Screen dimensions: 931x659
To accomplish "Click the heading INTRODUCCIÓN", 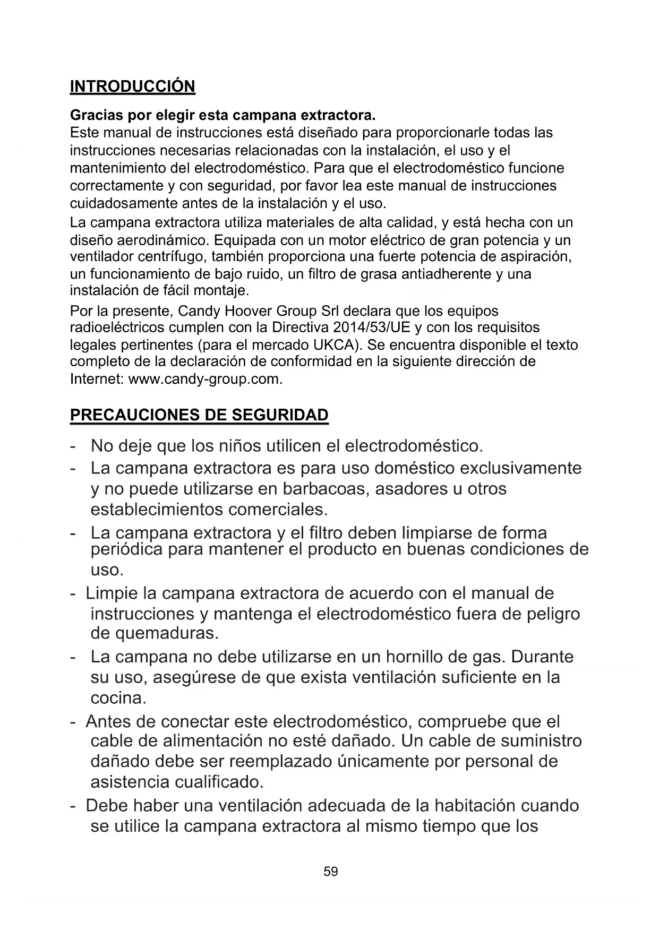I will coord(133,87).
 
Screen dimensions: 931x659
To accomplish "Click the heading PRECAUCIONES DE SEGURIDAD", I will coord(199,415).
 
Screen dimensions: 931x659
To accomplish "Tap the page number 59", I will coord(330,871).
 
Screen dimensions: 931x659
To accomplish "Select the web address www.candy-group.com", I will coord(204,380).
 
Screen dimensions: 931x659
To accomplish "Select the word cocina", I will coord(118,698).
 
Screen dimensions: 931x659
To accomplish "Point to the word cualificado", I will coord(217,782).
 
